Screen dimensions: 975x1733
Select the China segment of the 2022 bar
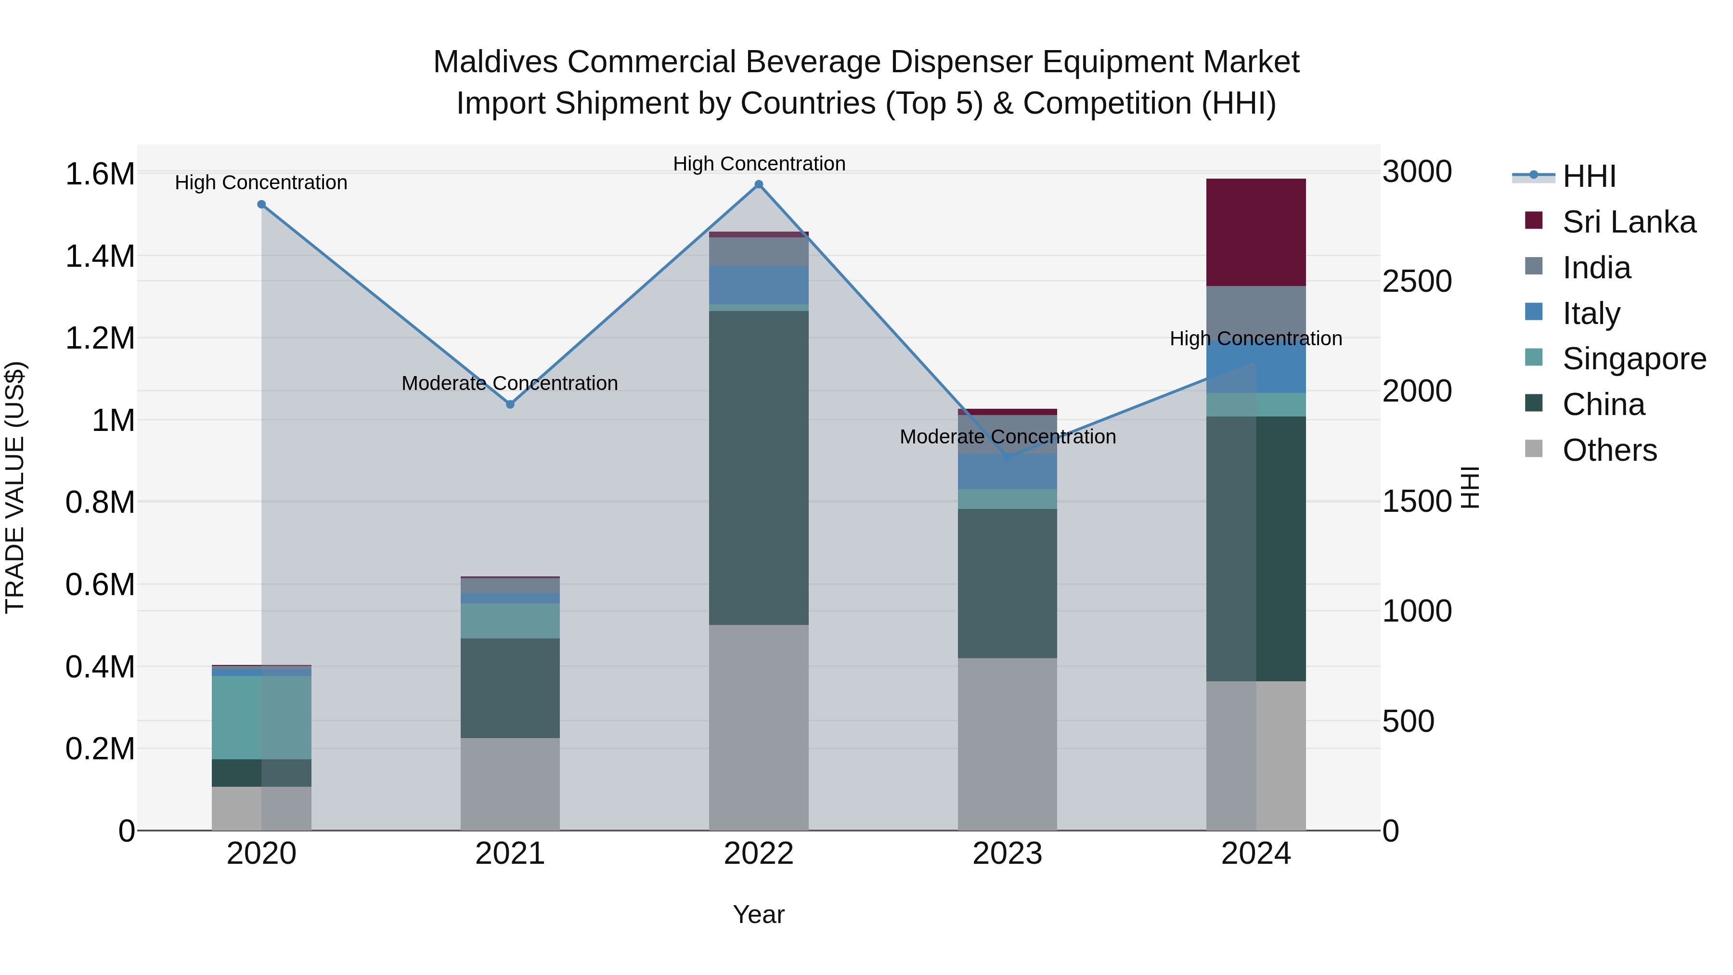point(758,468)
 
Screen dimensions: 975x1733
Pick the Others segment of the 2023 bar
point(1007,743)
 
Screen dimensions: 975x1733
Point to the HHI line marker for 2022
point(758,184)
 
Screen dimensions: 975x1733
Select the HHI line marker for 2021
point(510,404)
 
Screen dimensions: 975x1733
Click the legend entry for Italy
point(1591,313)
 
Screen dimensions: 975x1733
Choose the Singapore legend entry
point(1633,359)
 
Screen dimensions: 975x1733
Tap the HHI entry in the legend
point(1589,176)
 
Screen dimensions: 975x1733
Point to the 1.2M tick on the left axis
point(100,338)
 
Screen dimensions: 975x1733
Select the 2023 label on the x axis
point(1007,854)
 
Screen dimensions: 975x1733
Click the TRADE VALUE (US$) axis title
point(15,487)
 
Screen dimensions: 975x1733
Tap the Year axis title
point(758,914)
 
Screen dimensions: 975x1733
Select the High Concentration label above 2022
point(759,164)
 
